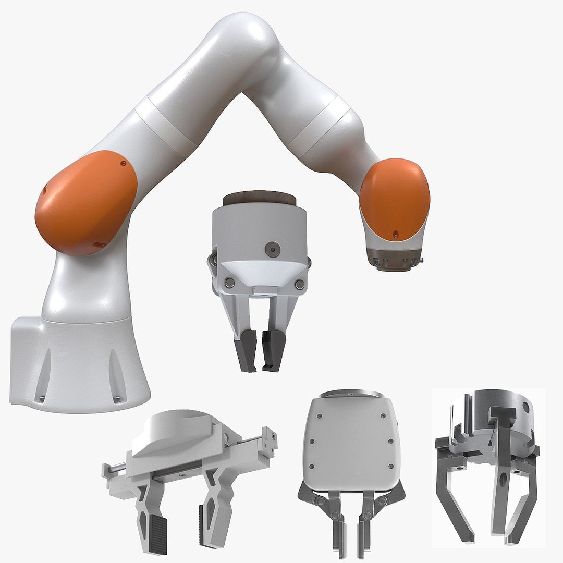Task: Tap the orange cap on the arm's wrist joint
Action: point(395,198)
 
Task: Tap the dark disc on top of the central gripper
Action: point(259,199)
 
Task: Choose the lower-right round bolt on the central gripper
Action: point(299,285)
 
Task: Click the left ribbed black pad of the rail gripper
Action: point(155,527)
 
